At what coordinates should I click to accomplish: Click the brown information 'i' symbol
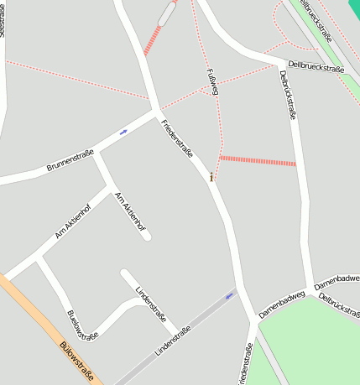tap(211, 177)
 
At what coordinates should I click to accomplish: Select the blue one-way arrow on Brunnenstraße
tap(124, 132)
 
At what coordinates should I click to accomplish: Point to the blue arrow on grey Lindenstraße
tap(230, 295)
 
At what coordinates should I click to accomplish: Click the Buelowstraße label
tap(81, 325)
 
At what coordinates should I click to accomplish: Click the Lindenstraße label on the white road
tap(149, 301)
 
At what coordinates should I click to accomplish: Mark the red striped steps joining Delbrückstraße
tap(258, 160)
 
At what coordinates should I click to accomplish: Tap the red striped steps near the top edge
tap(152, 40)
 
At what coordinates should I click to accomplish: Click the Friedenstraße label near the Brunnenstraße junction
tap(177, 140)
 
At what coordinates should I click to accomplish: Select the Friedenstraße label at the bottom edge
tap(245, 365)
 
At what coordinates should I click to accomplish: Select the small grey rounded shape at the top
tap(168, 13)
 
